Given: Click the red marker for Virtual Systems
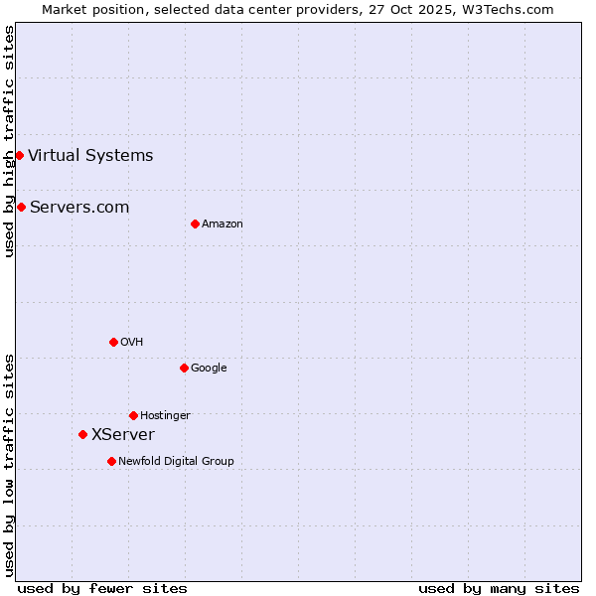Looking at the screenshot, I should pyautogui.click(x=19, y=155).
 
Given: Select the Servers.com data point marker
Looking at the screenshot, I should pyautogui.click(x=21, y=207).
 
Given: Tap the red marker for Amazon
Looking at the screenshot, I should pyautogui.click(x=195, y=223).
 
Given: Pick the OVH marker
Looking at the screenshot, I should pyautogui.click(x=113, y=342).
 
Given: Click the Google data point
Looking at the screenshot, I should pyautogui.click(x=184, y=368).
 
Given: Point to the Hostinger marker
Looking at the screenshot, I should pyautogui.click(x=133, y=415).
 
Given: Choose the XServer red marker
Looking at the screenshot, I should pyautogui.click(x=82, y=434).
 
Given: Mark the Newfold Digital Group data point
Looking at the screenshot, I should pyautogui.click(x=111, y=461).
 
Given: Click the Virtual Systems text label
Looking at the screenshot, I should pyautogui.click(x=90, y=155).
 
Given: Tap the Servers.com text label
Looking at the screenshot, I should pyautogui.click(x=79, y=207).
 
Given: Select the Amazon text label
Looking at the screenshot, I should pyautogui.click(x=223, y=223).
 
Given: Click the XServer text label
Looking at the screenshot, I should pyautogui.click(x=123, y=434).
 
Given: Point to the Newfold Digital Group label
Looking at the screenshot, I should pyautogui.click(x=176, y=461).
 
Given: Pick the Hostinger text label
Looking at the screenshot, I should pyautogui.click(x=165, y=415).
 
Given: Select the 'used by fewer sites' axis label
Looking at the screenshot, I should pyautogui.click(x=102, y=588).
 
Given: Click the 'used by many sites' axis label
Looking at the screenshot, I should pyautogui.click(x=499, y=588).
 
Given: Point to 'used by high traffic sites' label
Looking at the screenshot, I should pyautogui.click(x=9, y=141).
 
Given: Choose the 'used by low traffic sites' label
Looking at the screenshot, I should pyautogui.click(x=9, y=464).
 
